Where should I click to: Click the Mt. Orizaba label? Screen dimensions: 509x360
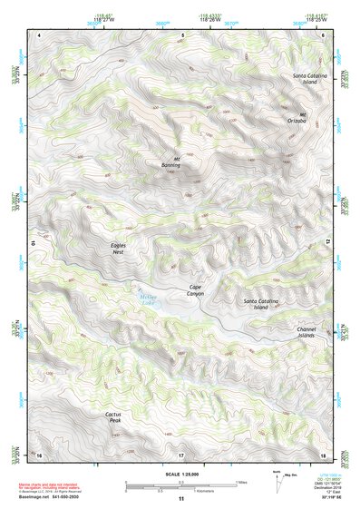pos(297,118)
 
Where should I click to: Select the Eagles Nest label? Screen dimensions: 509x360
pos(111,249)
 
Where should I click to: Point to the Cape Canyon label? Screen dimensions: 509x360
pos(196,290)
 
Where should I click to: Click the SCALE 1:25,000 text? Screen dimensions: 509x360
pos(181,475)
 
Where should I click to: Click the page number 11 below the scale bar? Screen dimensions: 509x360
pos(181,499)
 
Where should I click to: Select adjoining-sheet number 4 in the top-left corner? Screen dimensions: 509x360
pos(40,34)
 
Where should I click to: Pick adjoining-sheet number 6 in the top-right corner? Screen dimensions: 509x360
pos(323,34)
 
